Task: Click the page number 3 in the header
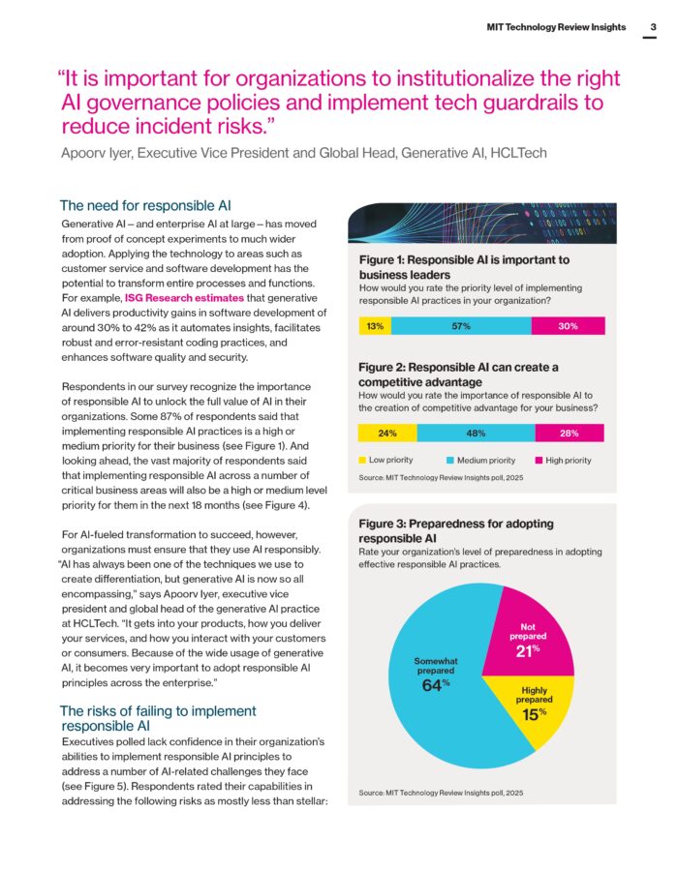pos(653,27)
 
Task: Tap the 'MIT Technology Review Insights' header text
pos(556,27)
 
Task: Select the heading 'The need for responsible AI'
pos(145,205)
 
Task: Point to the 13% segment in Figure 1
pos(375,326)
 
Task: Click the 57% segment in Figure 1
pos(461,326)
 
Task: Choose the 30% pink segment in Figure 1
pos(569,326)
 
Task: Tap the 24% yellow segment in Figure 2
pos(387,434)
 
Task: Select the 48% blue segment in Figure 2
pos(476,434)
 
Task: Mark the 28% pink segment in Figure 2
pos(570,434)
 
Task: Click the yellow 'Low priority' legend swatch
pos(362,461)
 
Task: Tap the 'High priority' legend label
pos(569,461)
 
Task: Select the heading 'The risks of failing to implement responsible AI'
pos(158,717)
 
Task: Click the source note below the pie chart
pos(441,793)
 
